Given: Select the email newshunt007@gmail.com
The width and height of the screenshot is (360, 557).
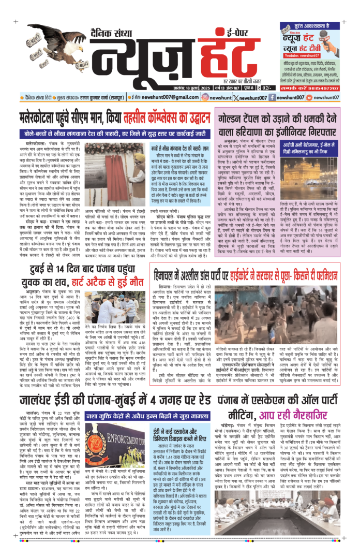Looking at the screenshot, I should click(141, 97).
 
